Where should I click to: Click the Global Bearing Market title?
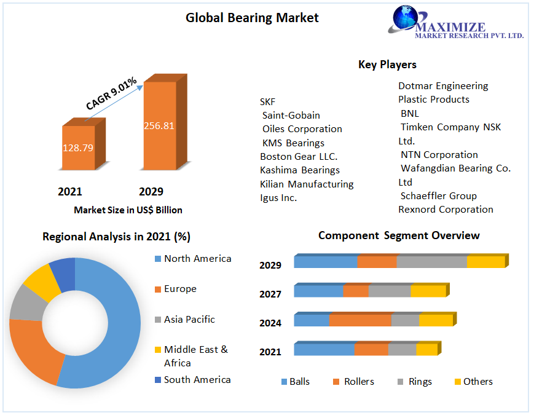[252, 18]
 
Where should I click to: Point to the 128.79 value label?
[78, 148]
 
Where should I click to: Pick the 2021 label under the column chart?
[70, 192]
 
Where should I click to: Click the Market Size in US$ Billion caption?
[128, 210]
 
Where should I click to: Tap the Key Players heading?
[387, 65]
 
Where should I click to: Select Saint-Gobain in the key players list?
[291, 115]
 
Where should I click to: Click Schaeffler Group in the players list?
[439, 195]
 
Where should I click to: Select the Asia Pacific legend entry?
[189, 320]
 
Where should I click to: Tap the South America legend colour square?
[158, 380]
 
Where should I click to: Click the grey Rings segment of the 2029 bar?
[431, 262]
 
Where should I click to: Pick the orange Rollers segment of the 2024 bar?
[360, 320]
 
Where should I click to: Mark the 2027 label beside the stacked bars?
[270, 294]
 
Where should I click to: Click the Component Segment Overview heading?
[399, 235]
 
